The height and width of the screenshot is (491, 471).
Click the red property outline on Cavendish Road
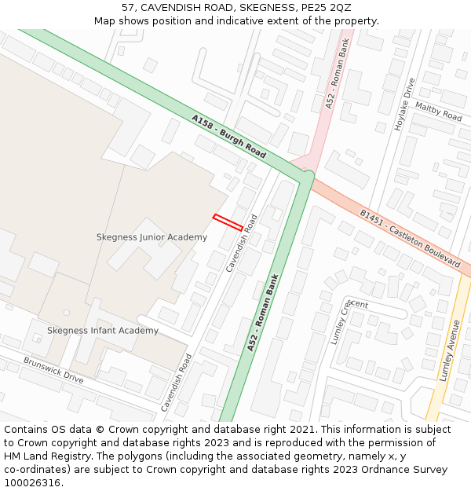pos(228,222)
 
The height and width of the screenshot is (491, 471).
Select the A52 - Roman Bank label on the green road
pos(263,312)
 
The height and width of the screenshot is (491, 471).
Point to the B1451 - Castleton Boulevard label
pos(410,238)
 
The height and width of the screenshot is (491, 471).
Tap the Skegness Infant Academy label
pos(103,331)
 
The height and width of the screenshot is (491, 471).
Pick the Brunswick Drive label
pos(53,370)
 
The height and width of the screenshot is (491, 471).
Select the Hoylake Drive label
pos(403,104)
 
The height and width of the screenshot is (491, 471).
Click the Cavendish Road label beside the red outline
pos(242,243)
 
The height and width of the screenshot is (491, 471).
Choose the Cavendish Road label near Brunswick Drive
pos(177,383)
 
